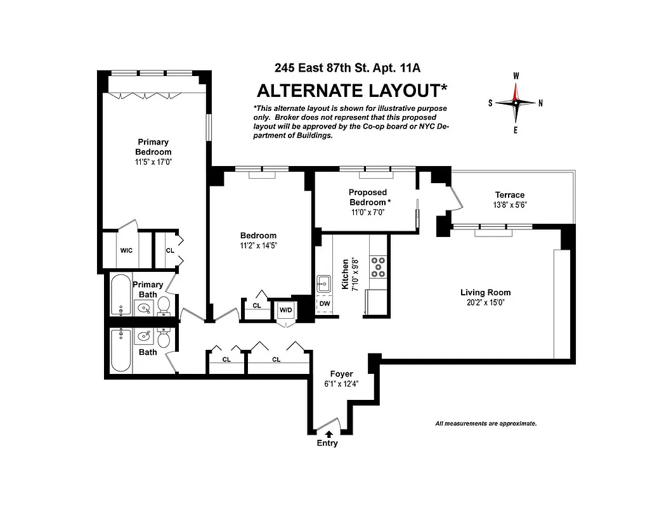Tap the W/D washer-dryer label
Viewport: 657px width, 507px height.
286,311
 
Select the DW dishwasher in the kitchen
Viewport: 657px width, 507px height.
324,304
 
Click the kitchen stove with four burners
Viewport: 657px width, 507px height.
378,266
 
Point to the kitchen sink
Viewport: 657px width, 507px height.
323,282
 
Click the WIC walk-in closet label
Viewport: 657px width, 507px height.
126,250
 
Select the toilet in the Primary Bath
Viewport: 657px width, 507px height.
164,305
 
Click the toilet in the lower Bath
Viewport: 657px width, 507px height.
163,340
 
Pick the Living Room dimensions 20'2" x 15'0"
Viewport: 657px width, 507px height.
485,302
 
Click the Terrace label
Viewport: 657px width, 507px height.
510,195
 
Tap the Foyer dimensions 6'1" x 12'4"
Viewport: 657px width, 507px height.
341,383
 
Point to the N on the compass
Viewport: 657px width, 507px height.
540,103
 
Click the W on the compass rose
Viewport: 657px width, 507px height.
516,76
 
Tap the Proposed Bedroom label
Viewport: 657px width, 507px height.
368,197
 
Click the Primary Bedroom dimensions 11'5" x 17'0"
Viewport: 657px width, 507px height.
153,162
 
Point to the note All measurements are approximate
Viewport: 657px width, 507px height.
486,423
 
